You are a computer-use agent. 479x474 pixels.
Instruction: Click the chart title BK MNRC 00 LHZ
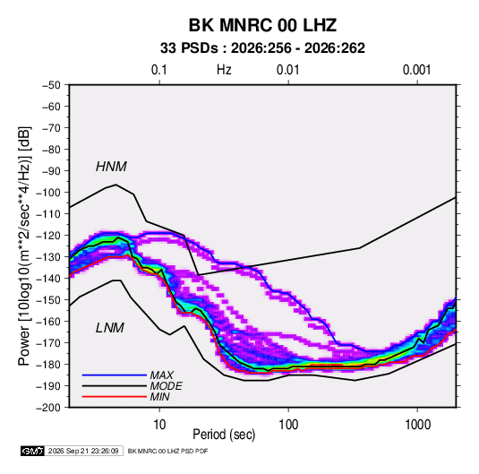[x=262, y=25]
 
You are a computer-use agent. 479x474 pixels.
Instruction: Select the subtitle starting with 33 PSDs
[x=262, y=48]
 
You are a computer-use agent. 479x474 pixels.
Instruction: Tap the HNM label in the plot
[x=111, y=167]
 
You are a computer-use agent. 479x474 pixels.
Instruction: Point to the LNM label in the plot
[x=110, y=328]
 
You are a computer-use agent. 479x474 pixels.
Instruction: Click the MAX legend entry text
[x=161, y=375]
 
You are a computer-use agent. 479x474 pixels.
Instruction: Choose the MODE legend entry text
[x=167, y=386]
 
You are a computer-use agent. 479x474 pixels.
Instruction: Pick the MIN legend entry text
[x=159, y=397]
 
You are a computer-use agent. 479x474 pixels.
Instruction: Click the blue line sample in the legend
[x=115, y=375]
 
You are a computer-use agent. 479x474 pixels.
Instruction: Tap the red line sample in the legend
[x=115, y=397]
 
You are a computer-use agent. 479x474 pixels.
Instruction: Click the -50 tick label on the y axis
[x=51, y=85]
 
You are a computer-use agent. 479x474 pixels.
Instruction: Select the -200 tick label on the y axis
[x=48, y=408]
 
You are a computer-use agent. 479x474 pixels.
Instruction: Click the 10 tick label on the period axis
[x=159, y=425]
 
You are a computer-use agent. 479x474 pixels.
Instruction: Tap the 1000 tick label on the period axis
[x=417, y=425]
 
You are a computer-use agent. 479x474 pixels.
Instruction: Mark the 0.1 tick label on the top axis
[x=159, y=70]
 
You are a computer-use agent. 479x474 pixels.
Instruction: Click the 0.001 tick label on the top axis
[x=417, y=70]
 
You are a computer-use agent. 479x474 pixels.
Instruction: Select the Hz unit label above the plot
[x=224, y=70]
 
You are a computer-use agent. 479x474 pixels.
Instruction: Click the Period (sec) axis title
[x=224, y=435]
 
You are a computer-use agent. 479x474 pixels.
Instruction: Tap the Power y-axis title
[x=24, y=246]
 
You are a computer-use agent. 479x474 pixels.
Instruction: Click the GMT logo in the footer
[x=33, y=451]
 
